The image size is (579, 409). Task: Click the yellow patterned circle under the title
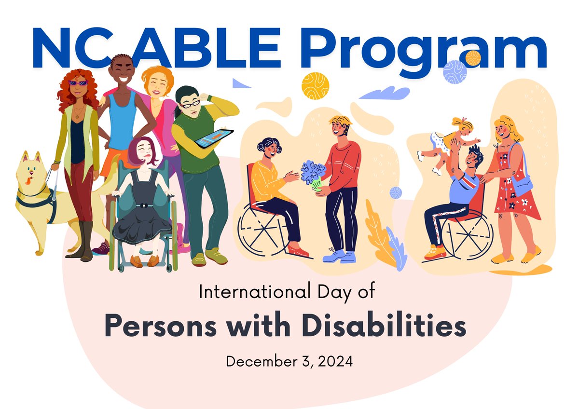(x=315, y=86)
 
